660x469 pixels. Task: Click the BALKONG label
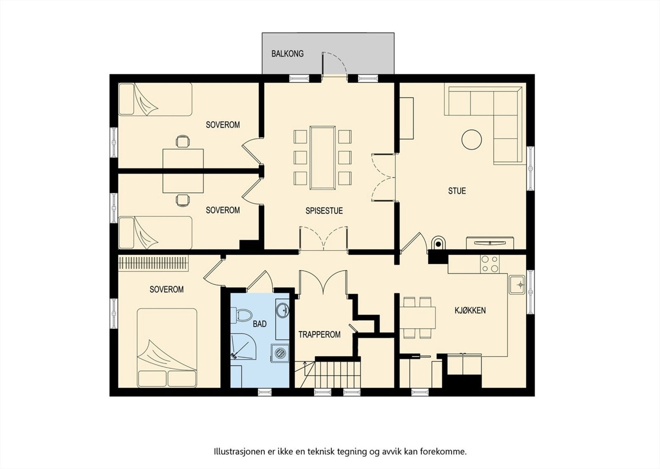tap(287, 54)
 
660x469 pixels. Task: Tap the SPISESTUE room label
tap(324, 211)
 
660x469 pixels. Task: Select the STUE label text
tap(457, 191)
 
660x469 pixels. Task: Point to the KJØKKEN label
tap(470, 310)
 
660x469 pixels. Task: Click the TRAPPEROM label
tap(319, 334)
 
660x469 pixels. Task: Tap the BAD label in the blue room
tap(259, 324)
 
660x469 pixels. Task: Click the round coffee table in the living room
tap(472, 140)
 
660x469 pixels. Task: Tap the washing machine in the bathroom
tap(280, 353)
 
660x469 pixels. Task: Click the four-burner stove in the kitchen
tap(490, 264)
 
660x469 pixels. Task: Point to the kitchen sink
tap(517, 284)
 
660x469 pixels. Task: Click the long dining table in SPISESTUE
tap(323, 158)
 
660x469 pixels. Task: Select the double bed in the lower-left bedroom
tap(167, 348)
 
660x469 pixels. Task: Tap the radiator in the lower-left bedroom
tap(153, 263)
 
